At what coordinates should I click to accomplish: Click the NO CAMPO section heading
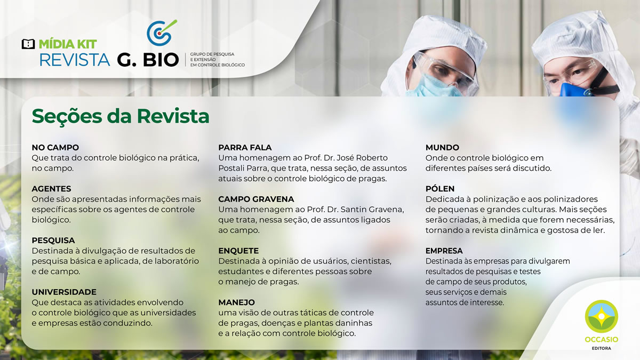click(x=55, y=147)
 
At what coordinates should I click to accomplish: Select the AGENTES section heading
click(x=51, y=189)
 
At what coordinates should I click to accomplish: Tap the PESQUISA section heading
click(x=53, y=241)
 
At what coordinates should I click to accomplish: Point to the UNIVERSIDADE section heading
click(x=64, y=292)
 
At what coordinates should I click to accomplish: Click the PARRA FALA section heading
click(x=245, y=147)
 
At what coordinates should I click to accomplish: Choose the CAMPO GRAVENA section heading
click(x=256, y=199)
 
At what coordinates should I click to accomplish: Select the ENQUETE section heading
click(x=238, y=251)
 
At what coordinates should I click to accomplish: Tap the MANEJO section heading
click(x=237, y=302)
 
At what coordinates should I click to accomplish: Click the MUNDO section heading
click(x=442, y=147)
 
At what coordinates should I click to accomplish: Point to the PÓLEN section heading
click(x=439, y=189)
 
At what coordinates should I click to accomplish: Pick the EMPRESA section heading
click(x=444, y=251)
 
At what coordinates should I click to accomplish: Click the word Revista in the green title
click(x=173, y=116)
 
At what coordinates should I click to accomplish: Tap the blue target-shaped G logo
click(x=162, y=33)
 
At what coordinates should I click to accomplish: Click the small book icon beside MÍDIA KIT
click(x=28, y=44)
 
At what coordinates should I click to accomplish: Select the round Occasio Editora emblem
click(x=602, y=316)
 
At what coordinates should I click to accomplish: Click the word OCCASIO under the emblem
click(x=602, y=339)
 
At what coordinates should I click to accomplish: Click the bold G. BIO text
click(x=148, y=60)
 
